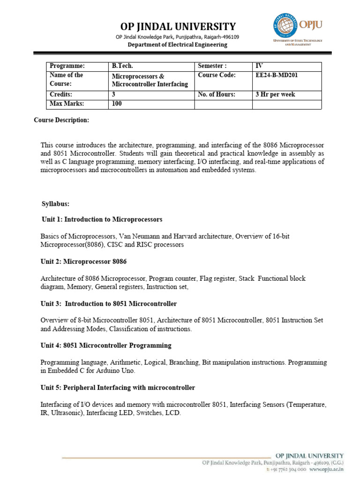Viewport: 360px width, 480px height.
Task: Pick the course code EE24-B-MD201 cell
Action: pos(276,75)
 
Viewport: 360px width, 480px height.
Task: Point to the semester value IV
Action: pos(258,66)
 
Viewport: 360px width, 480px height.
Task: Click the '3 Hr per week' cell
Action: pos(275,94)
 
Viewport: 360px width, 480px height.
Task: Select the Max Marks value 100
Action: pos(117,104)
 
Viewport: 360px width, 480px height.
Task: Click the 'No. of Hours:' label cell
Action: pos(216,94)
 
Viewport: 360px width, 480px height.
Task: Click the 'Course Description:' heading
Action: pos(61,120)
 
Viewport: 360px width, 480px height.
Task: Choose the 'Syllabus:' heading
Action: pos(55,204)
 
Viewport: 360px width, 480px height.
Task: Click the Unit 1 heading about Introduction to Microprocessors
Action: pos(101,219)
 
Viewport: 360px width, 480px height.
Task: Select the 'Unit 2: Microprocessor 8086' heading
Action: pos(84,262)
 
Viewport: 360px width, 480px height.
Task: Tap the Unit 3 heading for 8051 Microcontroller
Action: pos(109,304)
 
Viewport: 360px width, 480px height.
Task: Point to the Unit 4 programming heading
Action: pos(106,345)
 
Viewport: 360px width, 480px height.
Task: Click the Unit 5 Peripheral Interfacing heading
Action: pos(118,388)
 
